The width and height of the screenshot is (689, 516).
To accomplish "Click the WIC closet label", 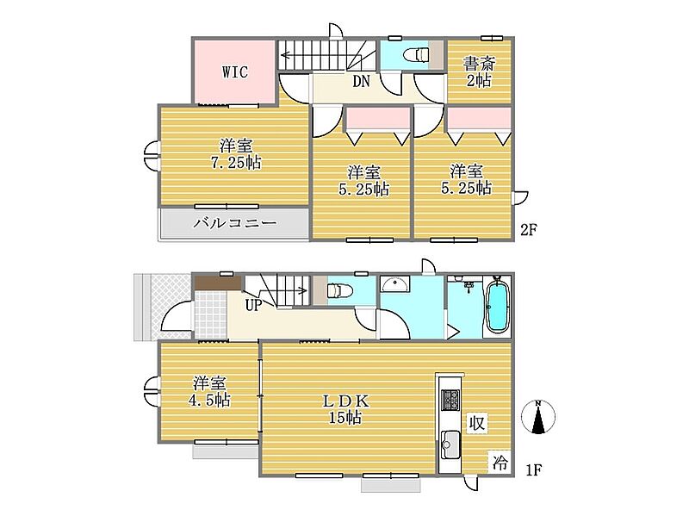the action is (235, 71).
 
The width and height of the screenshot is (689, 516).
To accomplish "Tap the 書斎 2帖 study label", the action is (479, 72).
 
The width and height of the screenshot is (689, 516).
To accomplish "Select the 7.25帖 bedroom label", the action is (236, 154).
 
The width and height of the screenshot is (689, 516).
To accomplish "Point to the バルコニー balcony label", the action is (235, 223).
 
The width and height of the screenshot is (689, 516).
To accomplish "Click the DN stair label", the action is (361, 81).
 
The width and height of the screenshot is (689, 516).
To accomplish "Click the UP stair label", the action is (253, 305).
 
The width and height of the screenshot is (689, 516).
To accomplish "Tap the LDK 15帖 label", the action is (346, 409).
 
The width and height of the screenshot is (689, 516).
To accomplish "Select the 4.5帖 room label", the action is (209, 391).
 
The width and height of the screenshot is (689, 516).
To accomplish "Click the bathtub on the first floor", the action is (498, 307).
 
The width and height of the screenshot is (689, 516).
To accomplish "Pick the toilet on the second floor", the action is (416, 55).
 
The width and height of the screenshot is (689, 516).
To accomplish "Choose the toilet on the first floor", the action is (339, 290).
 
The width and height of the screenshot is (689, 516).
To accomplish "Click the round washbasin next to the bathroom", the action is (395, 284).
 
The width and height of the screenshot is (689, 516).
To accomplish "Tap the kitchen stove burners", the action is (450, 400).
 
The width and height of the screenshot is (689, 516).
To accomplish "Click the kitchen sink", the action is (450, 445).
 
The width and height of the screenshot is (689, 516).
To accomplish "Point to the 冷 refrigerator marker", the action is (500, 463).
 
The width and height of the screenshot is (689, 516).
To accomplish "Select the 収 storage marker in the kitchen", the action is (477, 423).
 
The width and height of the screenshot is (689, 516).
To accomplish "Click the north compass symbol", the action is (538, 417).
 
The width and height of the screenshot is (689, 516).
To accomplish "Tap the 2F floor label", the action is (529, 229).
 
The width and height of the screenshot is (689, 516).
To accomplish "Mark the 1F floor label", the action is (533, 469).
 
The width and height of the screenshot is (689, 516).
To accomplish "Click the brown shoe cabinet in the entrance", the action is (218, 283).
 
